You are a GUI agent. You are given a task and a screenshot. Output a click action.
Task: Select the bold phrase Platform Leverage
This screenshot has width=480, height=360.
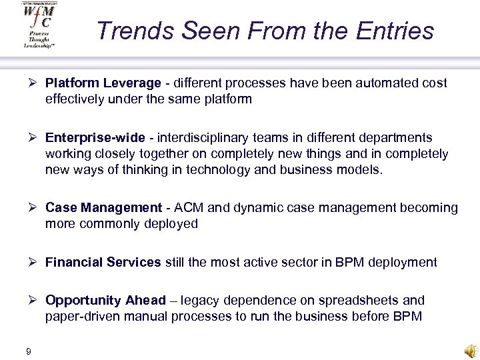pyautogui.click(x=103, y=83)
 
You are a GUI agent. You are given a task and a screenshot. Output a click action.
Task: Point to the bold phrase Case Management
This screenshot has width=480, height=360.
pyautogui.click(x=103, y=208)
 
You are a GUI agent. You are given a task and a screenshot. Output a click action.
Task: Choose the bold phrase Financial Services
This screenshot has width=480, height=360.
pyautogui.click(x=103, y=262)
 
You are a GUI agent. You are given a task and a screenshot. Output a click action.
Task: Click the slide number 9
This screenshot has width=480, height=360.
pyautogui.click(x=29, y=351)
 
